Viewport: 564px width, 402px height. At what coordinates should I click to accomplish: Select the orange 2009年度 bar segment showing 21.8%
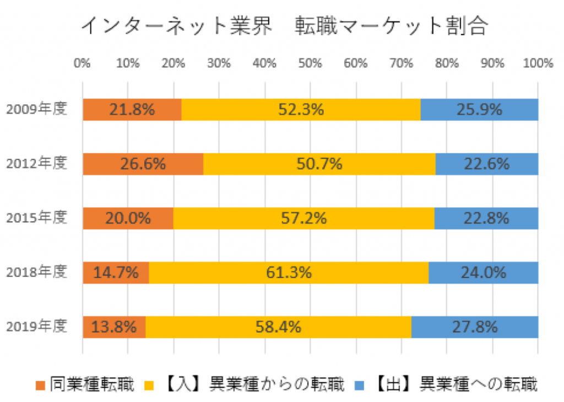click(x=132, y=109)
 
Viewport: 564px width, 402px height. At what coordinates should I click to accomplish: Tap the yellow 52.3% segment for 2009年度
click(x=301, y=109)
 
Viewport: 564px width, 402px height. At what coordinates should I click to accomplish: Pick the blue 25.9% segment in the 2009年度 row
click(x=479, y=109)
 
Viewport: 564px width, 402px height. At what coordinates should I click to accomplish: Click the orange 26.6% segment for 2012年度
click(x=143, y=164)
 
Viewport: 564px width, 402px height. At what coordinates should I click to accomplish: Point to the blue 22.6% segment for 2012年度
click(x=486, y=164)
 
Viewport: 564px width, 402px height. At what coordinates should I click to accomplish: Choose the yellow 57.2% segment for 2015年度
click(x=303, y=218)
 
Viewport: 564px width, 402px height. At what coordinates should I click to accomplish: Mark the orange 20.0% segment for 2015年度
click(x=128, y=218)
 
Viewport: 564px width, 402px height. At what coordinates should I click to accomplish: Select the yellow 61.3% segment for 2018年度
click(x=289, y=272)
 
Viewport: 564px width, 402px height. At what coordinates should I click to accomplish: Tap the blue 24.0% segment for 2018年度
click(x=483, y=272)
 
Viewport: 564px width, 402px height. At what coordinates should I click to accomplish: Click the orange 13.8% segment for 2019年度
click(x=114, y=326)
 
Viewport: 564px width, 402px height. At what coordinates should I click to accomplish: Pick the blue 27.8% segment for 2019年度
click(x=475, y=326)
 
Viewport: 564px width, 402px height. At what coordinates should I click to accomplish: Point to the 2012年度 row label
click(x=36, y=163)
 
